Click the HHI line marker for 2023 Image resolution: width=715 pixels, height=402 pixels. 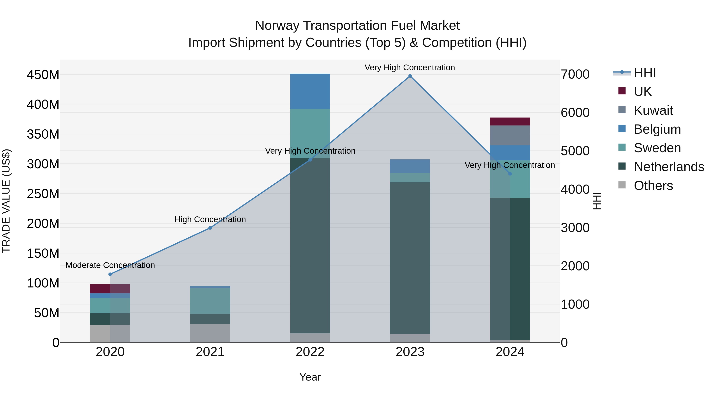pos(410,76)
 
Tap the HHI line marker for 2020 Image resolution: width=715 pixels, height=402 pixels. pos(110,274)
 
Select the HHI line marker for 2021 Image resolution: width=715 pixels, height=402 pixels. pos(210,228)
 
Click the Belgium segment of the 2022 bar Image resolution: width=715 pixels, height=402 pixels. pos(310,91)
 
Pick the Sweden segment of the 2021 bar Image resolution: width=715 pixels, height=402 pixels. pos(210,301)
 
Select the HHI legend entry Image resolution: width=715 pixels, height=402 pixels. pos(644,73)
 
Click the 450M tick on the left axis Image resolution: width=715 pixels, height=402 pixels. pos(43,75)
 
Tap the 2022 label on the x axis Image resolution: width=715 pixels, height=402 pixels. pos(310,352)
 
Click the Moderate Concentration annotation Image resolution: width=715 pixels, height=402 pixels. pos(110,265)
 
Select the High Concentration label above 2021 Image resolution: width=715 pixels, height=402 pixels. pos(210,219)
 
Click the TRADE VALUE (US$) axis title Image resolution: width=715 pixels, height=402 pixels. pos(6,201)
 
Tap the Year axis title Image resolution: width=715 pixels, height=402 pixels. pos(310,377)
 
